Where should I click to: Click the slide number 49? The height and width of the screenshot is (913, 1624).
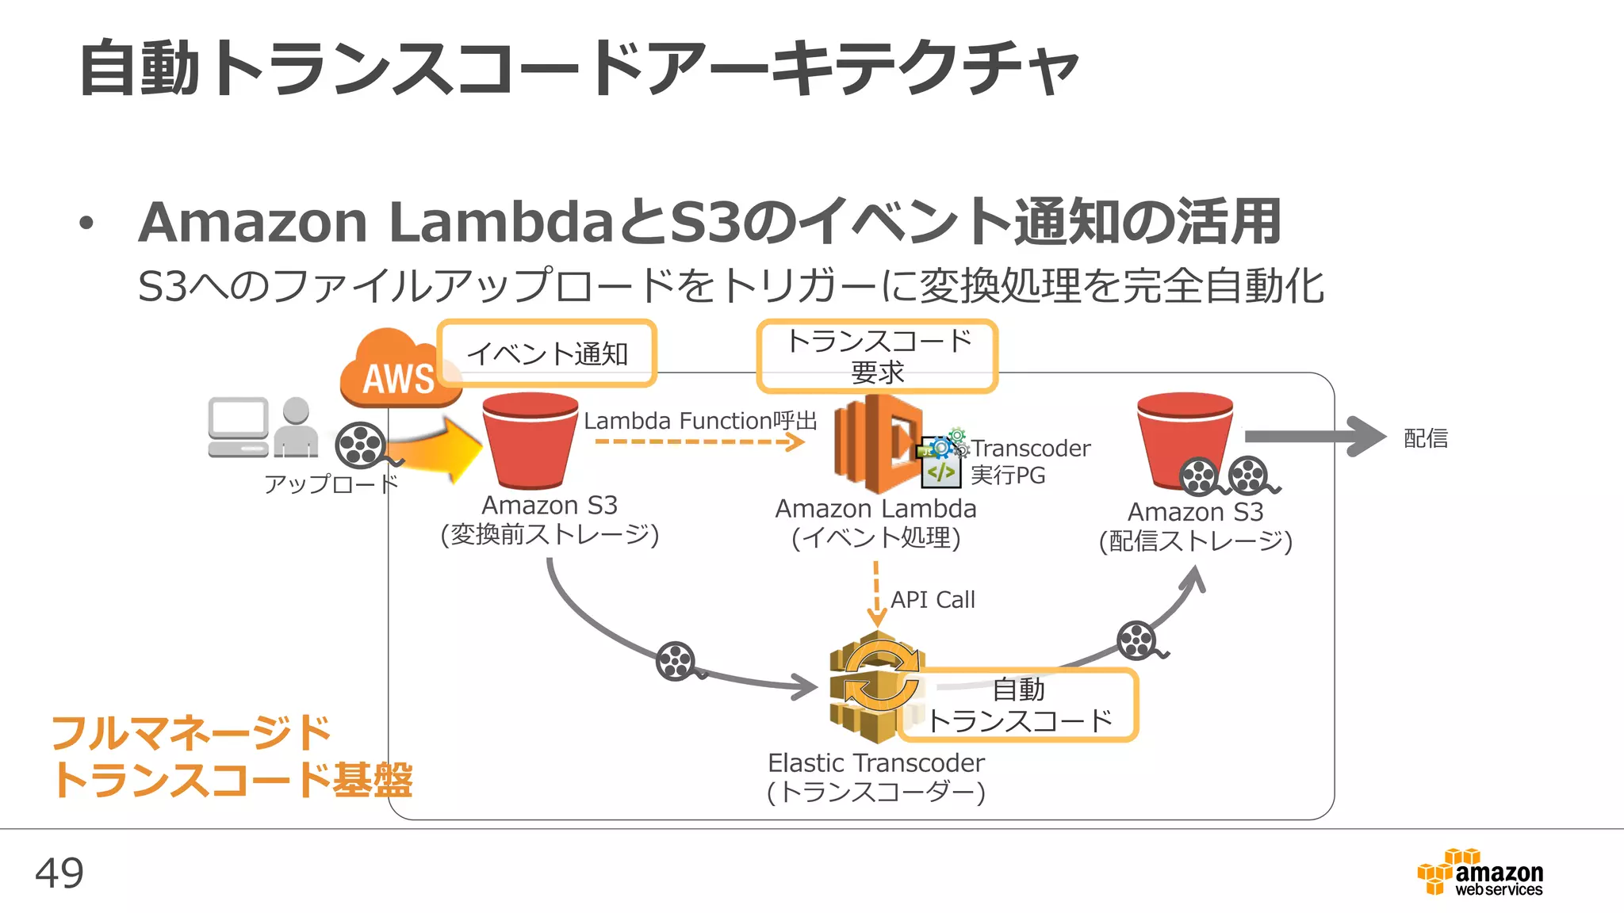click(x=59, y=873)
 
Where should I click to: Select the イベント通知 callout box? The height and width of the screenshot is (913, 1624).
click(x=546, y=353)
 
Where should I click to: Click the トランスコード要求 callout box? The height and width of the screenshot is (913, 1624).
click(x=877, y=356)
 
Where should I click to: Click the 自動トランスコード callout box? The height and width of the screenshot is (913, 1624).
click(x=1020, y=705)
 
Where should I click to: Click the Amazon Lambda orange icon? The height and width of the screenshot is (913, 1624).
click(x=877, y=444)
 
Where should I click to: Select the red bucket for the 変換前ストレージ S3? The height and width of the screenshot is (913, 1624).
click(x=530, y=441)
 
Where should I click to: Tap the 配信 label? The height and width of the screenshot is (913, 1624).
click(x=1425, y=438)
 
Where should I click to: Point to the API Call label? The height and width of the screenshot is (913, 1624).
click(x=933, y=600)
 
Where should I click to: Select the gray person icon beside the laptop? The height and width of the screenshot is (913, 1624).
click(x=296, y=428)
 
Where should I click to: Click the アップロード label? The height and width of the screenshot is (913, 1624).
click(x=331, y=483)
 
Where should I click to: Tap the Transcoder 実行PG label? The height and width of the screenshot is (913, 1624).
click(x=1029, y=461)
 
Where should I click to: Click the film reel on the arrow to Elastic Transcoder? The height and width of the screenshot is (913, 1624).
click(x=676, y=660)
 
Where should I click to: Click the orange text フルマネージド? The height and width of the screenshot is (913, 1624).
click(x=190, y=733)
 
